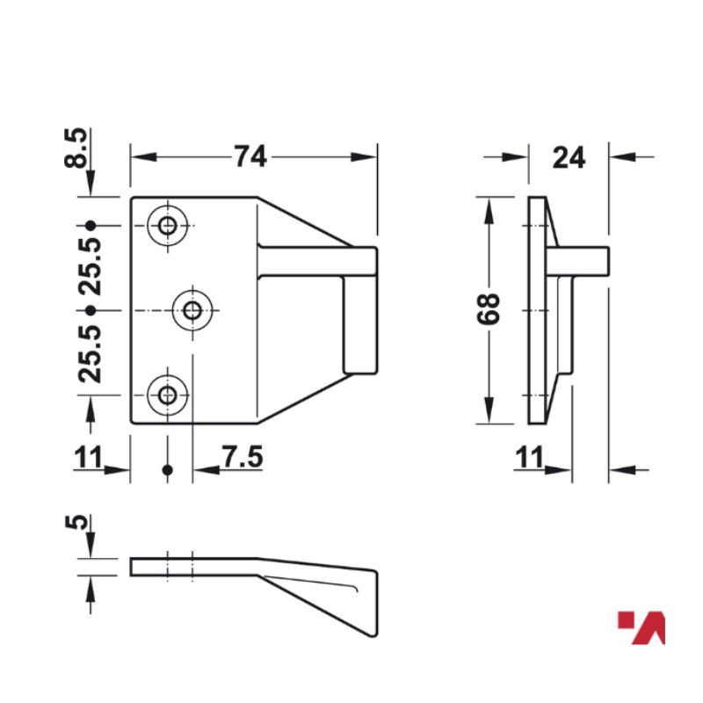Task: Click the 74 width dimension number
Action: [x=250, y=156]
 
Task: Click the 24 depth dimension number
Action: [x=569, y=158]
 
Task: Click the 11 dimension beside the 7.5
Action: [x=88, y=458]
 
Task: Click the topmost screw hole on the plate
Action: [x=167, y=227]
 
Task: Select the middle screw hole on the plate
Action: [x=193, y=309]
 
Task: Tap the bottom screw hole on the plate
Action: [x=167, y=394]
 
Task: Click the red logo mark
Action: [x=642, y=627]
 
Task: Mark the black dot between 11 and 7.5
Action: [x=168, y=471]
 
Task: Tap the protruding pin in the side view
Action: [x=589, y=260]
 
